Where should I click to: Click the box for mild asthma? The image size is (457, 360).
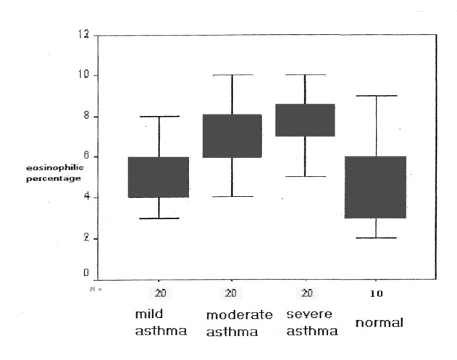coord(159,177)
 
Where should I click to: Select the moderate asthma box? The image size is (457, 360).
coord(232,136)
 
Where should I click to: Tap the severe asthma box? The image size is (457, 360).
coord(304,120)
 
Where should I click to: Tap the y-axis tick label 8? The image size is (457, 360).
coord(86,116)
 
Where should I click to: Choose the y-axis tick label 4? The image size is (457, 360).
coord(86,197)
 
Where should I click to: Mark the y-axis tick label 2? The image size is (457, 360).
coord(86,238)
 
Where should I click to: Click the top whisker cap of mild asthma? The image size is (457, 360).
coord(159,116)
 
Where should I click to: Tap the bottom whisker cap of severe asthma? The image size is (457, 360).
coord(304,176)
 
